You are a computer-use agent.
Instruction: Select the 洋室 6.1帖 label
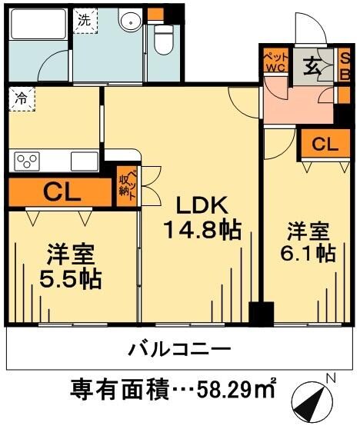click(311, 241)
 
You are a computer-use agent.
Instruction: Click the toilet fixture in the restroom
click(163, 39)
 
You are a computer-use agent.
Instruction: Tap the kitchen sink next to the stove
click(84, 161)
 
